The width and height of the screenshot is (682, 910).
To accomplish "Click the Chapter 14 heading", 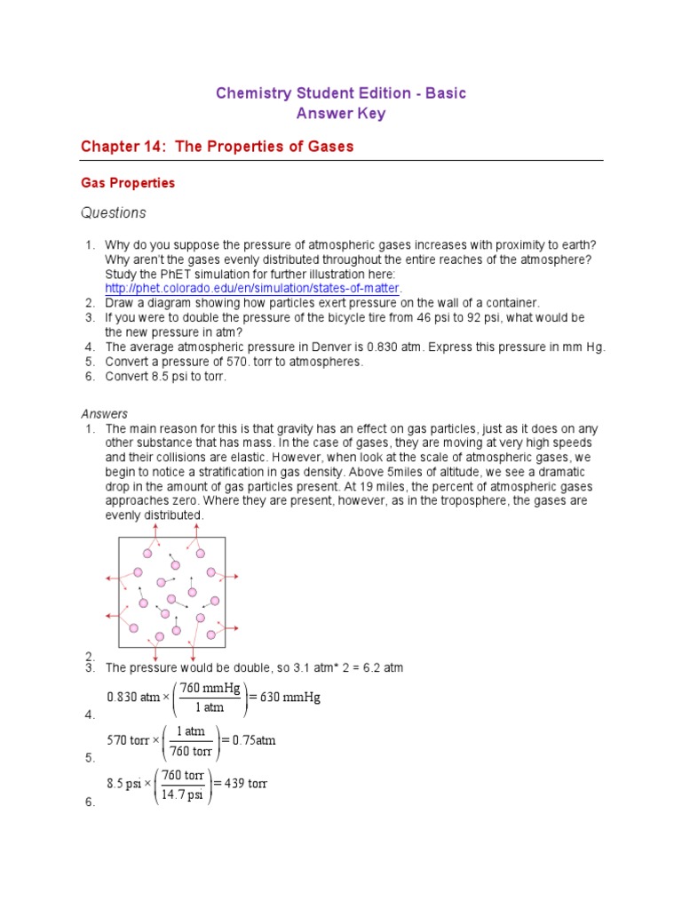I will [x=218, y=146].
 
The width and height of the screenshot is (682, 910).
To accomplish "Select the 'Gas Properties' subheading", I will [x=128, y=183].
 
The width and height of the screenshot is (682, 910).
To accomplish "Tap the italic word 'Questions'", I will [x=113, y=213].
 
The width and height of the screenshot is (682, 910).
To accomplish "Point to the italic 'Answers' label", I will [x=105, y=413].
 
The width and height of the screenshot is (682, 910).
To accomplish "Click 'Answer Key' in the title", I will [x=341, y=114].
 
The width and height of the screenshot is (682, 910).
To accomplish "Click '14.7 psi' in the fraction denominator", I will [x=182, y=794].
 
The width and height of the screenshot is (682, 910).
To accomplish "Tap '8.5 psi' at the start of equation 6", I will [x=126, y=784].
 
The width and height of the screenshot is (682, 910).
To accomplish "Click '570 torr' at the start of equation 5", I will [x=128, y=740].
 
